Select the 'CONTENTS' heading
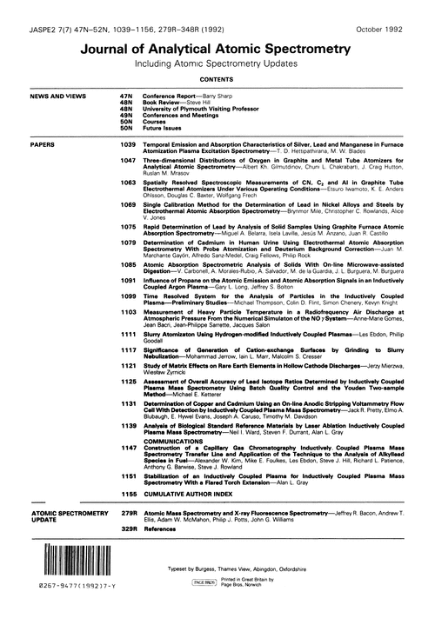[217, 78]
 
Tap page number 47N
[127, 96]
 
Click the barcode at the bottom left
[68, 599]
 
